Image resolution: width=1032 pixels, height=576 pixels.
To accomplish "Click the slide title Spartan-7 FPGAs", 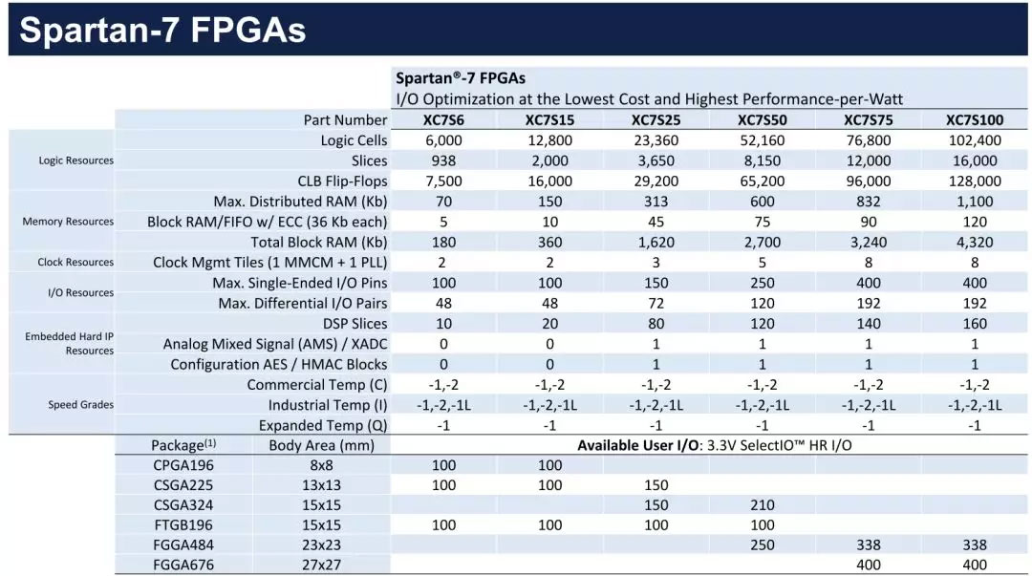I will [162, 31].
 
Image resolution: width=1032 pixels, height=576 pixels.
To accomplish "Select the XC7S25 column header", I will [656, 120].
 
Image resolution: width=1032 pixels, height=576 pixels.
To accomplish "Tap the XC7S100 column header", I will [974, 120].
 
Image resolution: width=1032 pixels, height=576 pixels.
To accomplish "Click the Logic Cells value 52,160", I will [763, 140].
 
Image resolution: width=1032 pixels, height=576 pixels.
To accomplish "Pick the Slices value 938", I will [443, 160].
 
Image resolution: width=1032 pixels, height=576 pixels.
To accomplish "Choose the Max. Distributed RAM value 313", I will [656, 202].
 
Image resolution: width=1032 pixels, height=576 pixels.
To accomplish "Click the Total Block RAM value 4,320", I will [974, 242].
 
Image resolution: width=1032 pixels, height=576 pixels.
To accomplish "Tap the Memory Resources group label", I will [68, 222].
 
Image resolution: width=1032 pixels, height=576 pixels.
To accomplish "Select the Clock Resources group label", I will [75, 263].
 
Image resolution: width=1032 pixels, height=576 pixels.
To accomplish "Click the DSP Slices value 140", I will [868, 324].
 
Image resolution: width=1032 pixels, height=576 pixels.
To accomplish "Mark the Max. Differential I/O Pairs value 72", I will [656, 304].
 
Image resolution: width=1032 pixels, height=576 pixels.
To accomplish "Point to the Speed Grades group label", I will [81, 405].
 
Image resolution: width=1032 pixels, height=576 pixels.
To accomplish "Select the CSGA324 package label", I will [183, 505].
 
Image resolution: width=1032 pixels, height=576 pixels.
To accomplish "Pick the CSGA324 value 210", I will [763, 505].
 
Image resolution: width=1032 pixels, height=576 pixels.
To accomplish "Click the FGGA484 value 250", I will [763, 545].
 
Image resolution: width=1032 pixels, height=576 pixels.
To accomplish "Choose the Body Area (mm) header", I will [321, 445].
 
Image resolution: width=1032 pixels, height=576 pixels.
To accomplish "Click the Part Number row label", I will [345, 120].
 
